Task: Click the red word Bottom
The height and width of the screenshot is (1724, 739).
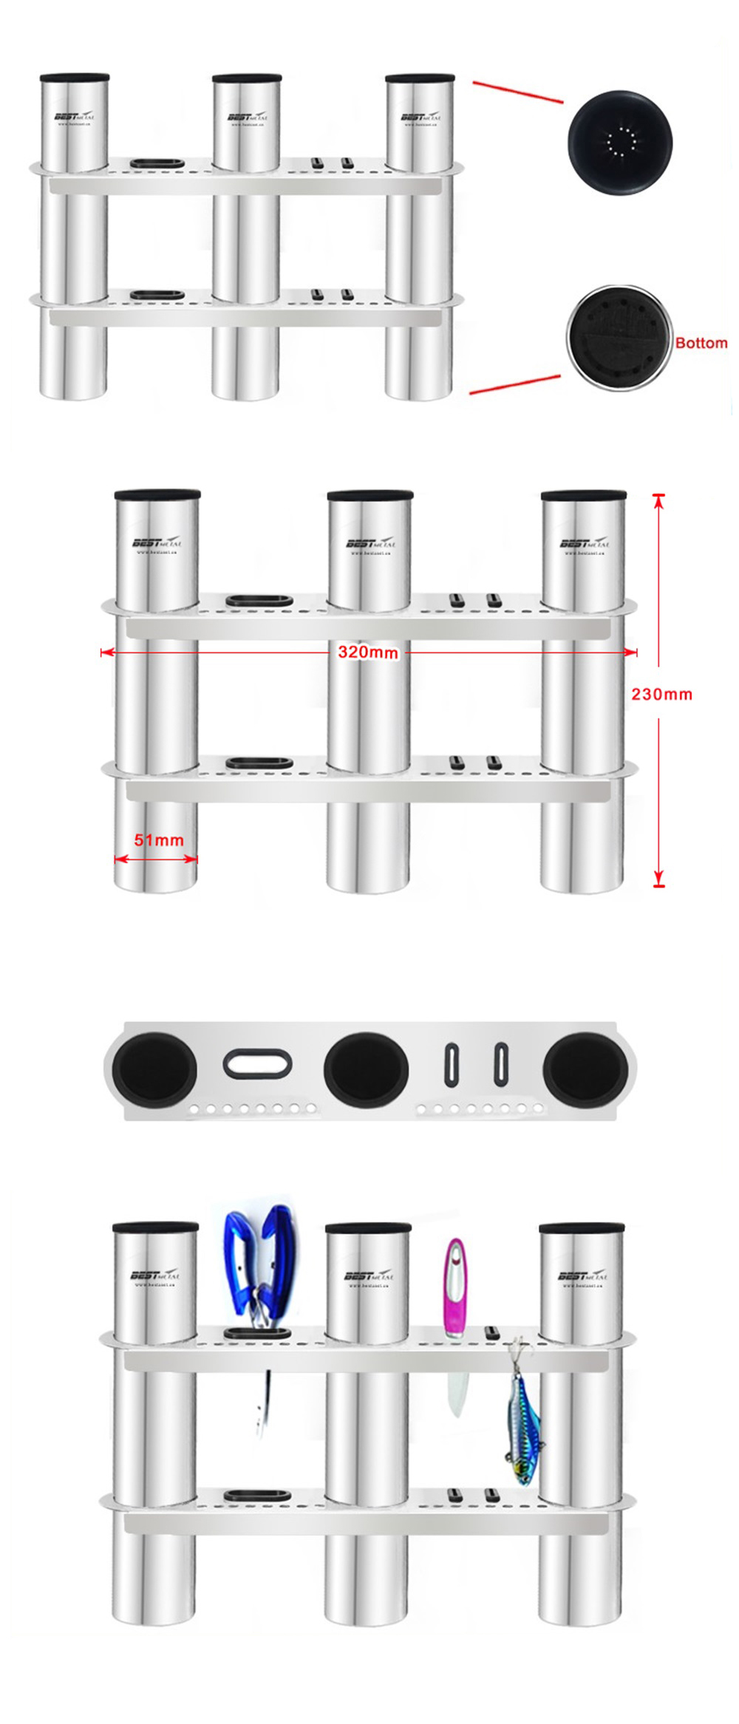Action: pyautogui.click(x=701, y=343)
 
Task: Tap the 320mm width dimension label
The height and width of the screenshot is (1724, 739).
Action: pyautogui.click(x=367, y=653)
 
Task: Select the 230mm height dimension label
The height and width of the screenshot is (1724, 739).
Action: pyautogui.click(x=661, y=694)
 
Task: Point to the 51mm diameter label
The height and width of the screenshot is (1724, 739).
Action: pyautogui.click(x=158, y=840)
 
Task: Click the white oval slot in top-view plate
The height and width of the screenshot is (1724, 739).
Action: pyautogui.click(x=257, y=1065)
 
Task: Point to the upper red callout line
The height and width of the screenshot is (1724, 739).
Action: pyautogui.click(x=517, y=91)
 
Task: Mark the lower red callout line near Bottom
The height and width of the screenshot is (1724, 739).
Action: pyautogui.click(x=515, y=385)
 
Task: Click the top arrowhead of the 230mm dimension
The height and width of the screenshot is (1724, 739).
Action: pyautogui.click(x=659, y=500)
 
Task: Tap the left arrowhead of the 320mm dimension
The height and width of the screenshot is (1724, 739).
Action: pyautogui.click(x=106, y=653)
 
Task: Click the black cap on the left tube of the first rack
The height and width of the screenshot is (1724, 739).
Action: pyautogui.click(x=75, y=78)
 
